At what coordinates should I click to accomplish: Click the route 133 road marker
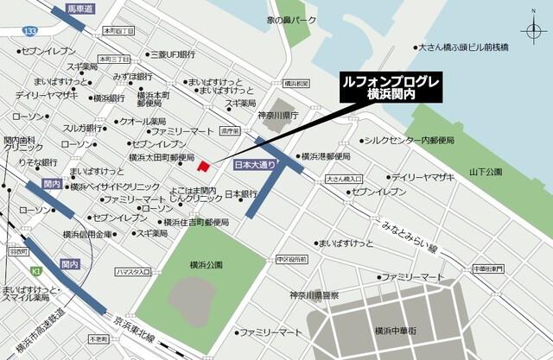pyautogui.click(x=32, y=30)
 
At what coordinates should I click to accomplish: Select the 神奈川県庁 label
pyautogui.click(x=277, y=115)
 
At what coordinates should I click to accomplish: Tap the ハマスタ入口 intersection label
pyautogui.click(x=133, y=273)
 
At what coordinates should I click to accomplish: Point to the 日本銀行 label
pyautogui.click(x=242, y=193)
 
